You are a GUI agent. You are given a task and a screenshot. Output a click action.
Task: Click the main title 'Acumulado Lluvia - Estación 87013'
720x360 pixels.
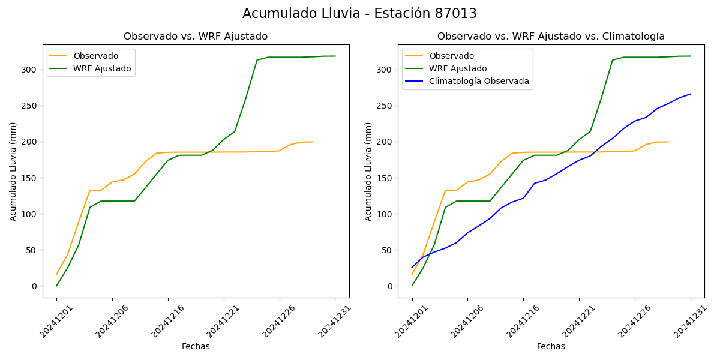click(x=359, y=14)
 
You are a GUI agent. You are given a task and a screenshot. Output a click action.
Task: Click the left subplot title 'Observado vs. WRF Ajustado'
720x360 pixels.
click(x=196, y=37)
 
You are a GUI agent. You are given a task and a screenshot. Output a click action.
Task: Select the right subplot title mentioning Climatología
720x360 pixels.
click(x=551, y=37)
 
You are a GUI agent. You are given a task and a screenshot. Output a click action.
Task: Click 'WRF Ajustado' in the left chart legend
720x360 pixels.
click(x=102, y=68)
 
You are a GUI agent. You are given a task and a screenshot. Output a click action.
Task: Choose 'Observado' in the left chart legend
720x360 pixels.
click(x=96, y=56)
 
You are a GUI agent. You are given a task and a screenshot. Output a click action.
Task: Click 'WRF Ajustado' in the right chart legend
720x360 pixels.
click(x=457, y=68)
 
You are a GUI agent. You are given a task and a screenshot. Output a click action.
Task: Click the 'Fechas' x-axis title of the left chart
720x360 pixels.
click(x=196, y=347)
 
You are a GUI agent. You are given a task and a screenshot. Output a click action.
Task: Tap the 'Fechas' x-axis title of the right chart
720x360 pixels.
click(x=551, y=347)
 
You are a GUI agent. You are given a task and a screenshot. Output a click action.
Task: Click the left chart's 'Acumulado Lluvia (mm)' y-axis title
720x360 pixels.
click(x=13, y=171)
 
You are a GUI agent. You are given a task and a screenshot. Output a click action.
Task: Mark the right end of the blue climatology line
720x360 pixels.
click(x=691, y=94)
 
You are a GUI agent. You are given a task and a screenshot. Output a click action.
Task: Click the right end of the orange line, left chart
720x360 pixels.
click(x=313, y=142)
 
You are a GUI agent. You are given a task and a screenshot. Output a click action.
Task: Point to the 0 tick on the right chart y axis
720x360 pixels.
click(x=390, y=286)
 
